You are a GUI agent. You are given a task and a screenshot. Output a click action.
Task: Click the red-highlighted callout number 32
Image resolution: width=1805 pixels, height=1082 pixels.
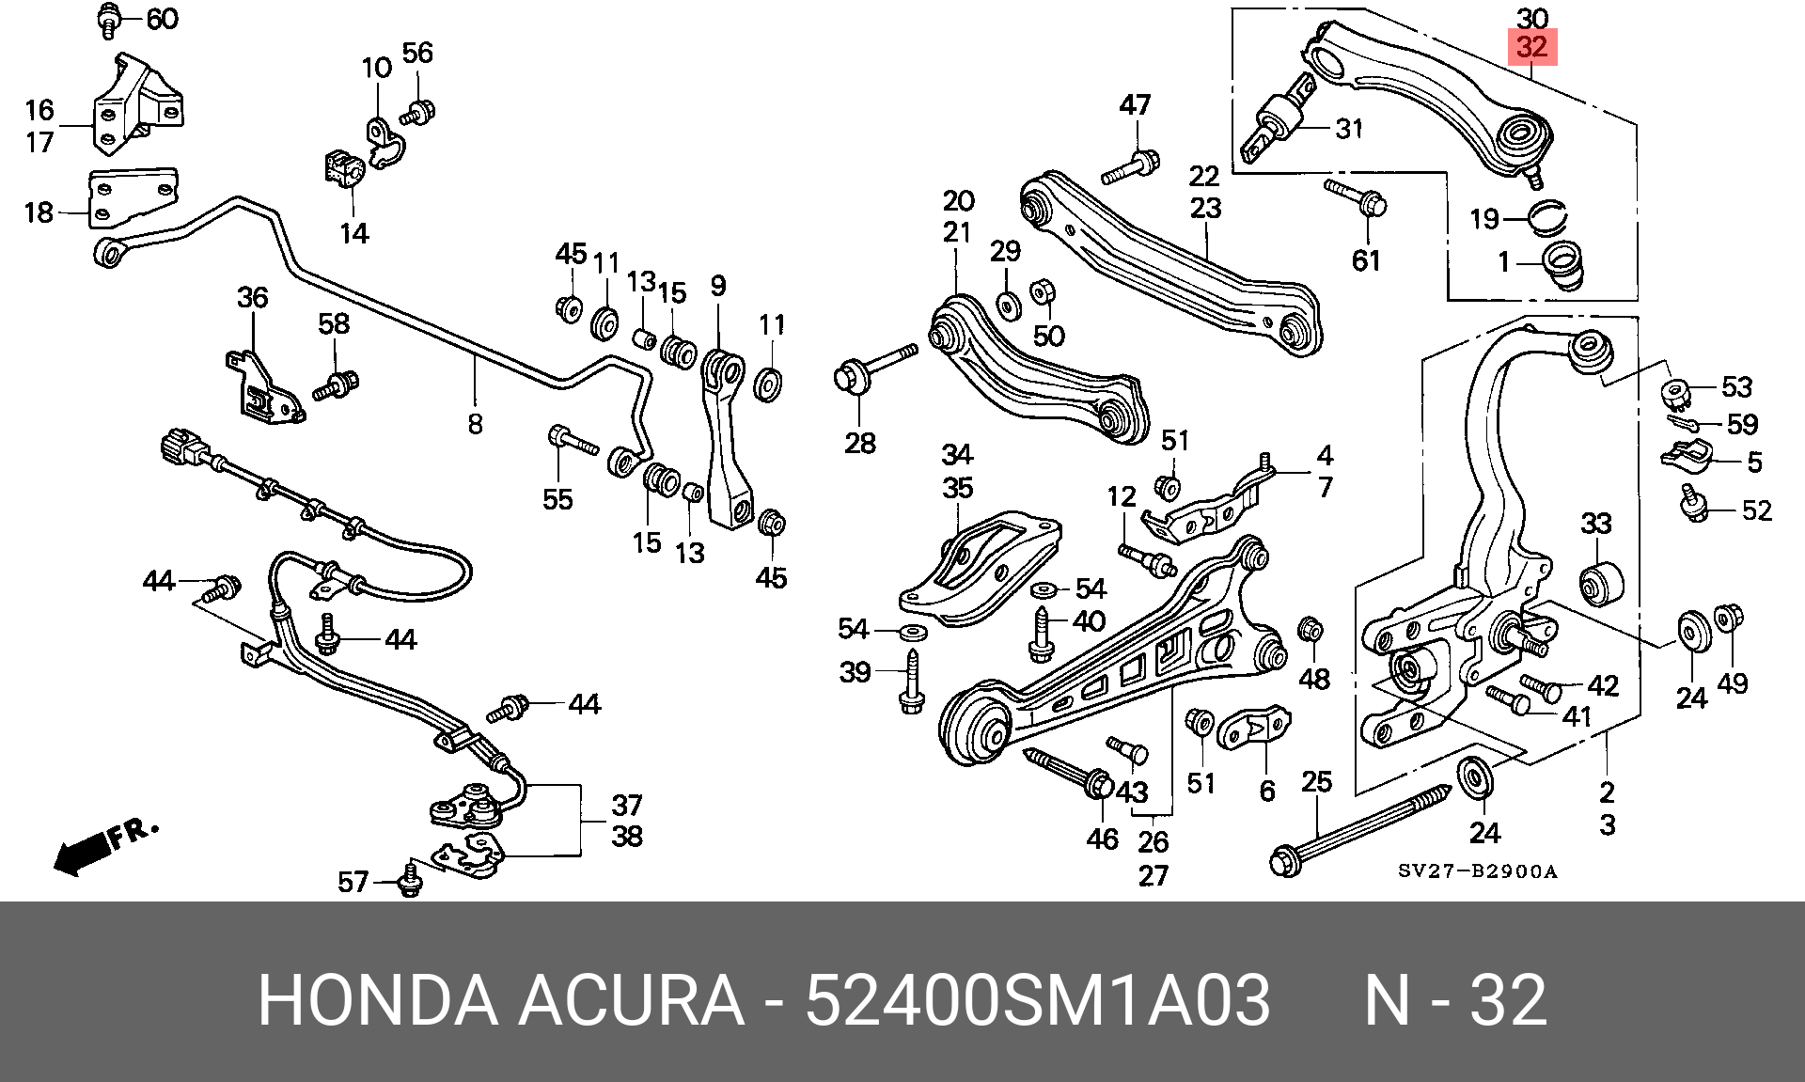click(1531, 47)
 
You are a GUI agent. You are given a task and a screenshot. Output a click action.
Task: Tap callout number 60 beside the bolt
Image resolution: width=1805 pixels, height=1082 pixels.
click(163, 19)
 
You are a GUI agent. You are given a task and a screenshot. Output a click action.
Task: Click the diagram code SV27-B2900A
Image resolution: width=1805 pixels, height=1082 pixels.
click(1477, 871)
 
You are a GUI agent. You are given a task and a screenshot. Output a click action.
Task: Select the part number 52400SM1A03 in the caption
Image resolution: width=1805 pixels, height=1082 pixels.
click(1038, 1000)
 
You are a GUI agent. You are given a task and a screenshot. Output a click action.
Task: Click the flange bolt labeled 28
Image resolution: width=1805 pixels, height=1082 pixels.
click(875, 368)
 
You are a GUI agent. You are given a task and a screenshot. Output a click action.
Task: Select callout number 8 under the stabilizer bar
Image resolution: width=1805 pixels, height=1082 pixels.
click(475, 424)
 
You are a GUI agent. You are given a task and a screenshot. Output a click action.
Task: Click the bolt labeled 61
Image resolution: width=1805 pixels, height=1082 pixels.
click(1357, 197)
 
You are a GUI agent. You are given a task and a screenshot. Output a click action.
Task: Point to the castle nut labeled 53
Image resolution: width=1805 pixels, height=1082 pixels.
click(1676, 391)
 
